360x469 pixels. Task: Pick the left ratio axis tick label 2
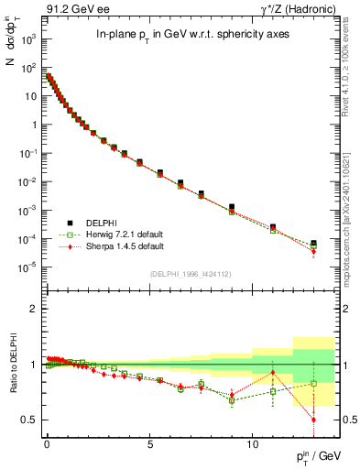[x=32, y=310]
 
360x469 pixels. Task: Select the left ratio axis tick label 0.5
[x=28, y=420]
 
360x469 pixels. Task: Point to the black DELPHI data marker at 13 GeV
[x=313, y=244]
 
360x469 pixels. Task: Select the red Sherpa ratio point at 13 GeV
[x=313, y=420]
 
